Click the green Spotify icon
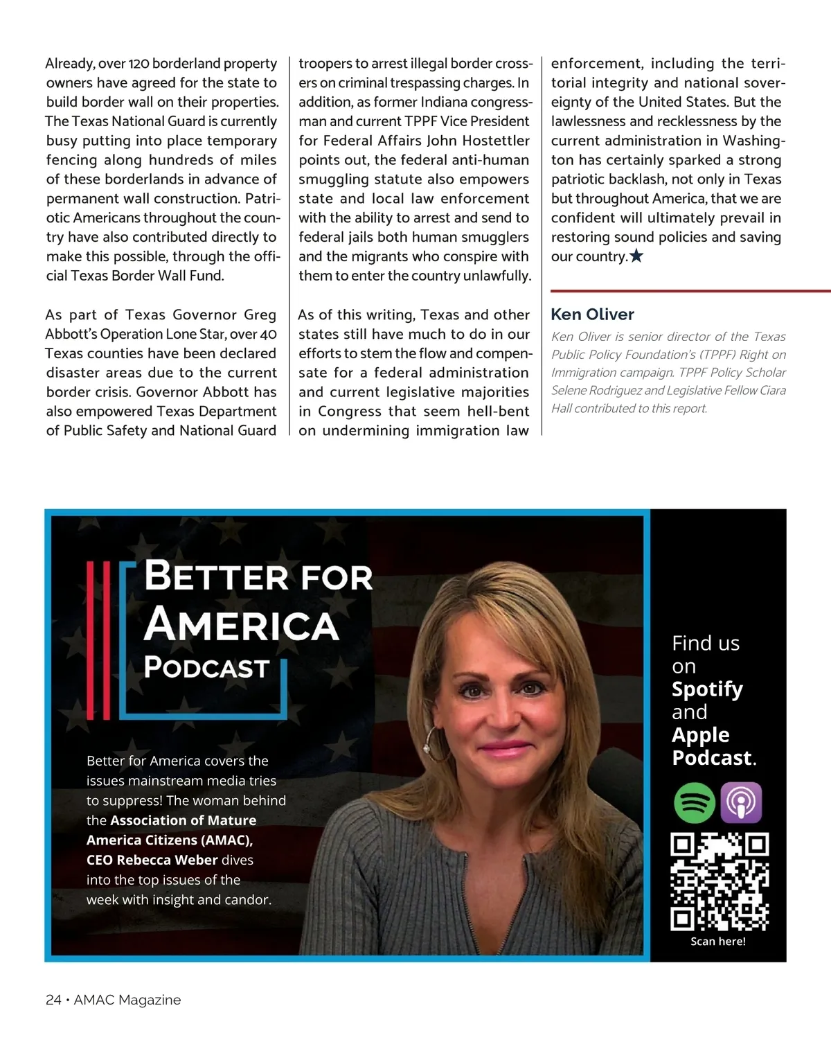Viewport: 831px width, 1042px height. (x=695, y=803)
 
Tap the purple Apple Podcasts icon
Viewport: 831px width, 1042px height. (x=741, y=803)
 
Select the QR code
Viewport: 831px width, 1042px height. (x=720, y=881)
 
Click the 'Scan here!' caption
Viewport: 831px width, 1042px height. (x=718, y=942)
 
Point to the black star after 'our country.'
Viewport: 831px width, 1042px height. (x=636, y=256)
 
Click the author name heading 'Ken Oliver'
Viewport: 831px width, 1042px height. (x=592, y=315)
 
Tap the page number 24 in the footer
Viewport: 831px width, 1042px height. (x=53, y=1000)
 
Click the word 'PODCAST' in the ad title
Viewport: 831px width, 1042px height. (x=206, y=667)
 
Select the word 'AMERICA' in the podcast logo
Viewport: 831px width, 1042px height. (x=241, y=624)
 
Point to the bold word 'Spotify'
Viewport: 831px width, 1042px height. (x=707, y=689)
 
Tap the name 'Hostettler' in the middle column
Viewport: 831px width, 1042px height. (x=496, y=141)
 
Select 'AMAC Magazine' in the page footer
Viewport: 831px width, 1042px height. (x=127, y=1000)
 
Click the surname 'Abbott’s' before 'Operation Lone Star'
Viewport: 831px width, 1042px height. (x=71, y=334)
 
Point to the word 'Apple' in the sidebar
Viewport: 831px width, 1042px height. (x=700, y=735)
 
